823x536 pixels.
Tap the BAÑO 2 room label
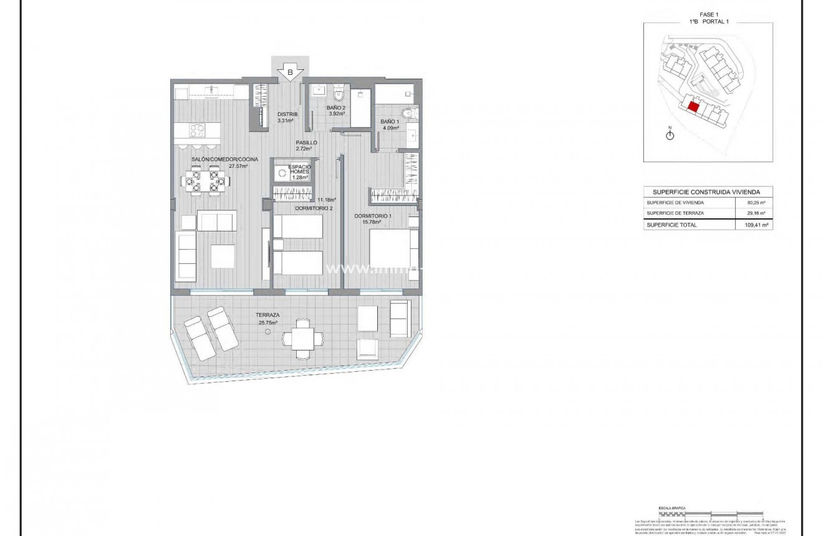click(x=336, y=108)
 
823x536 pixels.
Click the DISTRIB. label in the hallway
click(x=288, y=114)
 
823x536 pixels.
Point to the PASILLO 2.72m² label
click(x=307, y=146)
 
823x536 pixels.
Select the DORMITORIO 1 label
click(x=373, y=216)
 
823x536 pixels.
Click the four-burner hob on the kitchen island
click(x=197, y=130)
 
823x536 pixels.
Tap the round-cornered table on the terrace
click(x=302, y=339)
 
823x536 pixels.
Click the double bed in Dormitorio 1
click(x=393, y=249)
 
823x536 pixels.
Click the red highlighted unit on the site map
click(x=693, y=106)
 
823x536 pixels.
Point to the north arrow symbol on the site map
click(x=670, y=135)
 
